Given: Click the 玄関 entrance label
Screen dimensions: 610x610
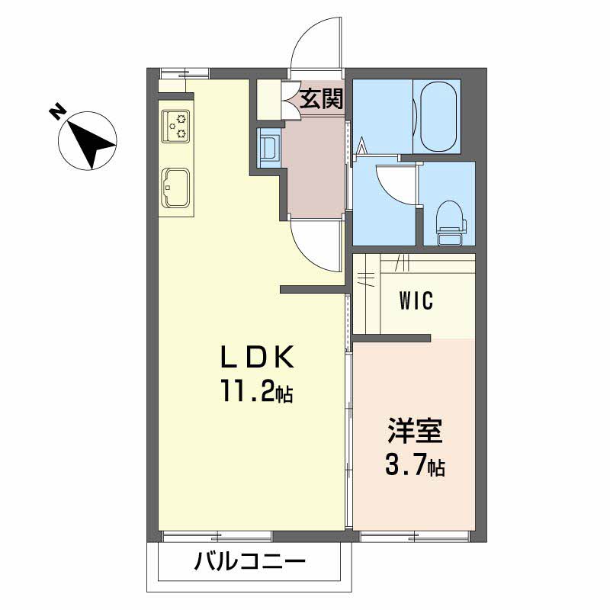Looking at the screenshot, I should point(320,99).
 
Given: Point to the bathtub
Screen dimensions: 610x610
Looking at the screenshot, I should point(435,116).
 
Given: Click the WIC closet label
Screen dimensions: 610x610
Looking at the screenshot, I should point(416,301).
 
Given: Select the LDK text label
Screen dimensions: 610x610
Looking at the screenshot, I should point(257,357).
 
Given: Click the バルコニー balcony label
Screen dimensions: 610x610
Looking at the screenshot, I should point(249,564).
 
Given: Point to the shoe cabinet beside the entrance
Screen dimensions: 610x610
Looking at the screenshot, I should point(268,99).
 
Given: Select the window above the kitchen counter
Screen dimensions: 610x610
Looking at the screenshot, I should point(184,74).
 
